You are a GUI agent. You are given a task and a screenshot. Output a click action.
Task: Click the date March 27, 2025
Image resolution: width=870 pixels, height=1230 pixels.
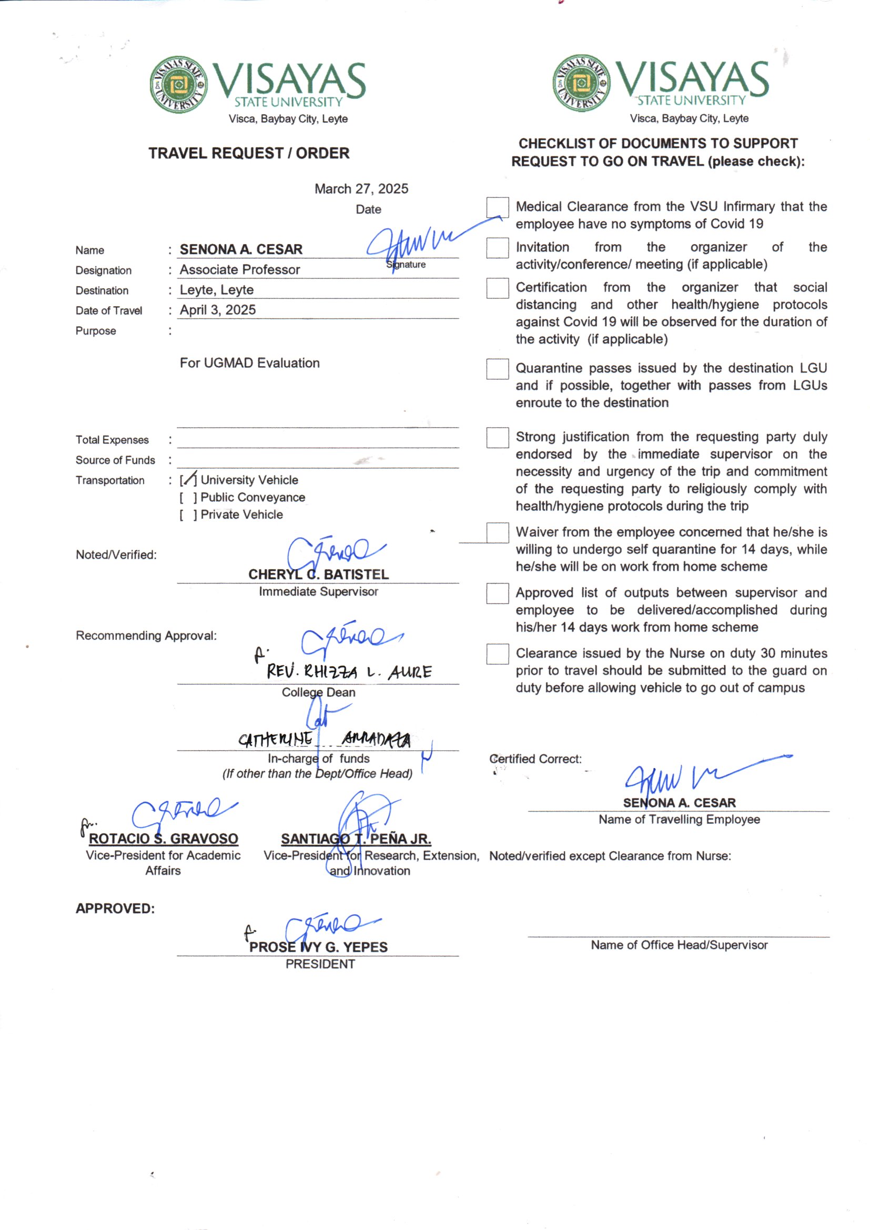[361, 188]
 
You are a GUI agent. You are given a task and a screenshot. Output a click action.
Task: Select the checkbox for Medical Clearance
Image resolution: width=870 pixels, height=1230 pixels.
[497, 207]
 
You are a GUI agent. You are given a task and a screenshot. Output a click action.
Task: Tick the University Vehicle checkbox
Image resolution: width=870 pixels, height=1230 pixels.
[188, 479]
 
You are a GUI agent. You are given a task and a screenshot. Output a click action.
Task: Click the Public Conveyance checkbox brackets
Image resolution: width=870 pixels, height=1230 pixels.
[188, 497]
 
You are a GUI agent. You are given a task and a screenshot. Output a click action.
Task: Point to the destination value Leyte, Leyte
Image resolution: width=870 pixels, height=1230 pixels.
[216, 290]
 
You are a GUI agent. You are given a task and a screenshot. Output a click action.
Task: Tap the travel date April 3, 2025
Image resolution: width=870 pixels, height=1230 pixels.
[218, 310]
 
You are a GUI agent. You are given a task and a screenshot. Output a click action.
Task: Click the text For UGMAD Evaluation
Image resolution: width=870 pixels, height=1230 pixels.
[250, 362]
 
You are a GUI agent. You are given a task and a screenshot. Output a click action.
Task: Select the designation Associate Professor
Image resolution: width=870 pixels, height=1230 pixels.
[239, 269]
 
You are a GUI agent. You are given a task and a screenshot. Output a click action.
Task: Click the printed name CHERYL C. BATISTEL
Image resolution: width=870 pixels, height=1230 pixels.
[318, 574]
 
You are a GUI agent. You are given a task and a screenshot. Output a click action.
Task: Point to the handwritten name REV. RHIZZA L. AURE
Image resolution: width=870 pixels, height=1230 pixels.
[349, 672]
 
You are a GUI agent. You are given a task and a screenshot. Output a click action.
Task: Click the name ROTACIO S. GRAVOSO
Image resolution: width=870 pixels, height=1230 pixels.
[164, 839]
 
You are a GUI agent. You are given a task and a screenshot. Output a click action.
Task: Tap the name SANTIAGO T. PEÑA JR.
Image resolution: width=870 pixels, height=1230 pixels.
[356, 839]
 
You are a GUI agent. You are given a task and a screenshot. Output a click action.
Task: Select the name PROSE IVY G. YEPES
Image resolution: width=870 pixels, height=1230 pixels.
[318, 947]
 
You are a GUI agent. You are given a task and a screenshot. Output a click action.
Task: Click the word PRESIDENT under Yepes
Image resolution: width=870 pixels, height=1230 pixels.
[320, 964]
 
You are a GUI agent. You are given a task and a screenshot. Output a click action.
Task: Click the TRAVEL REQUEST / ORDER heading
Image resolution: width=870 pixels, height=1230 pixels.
[249, 153]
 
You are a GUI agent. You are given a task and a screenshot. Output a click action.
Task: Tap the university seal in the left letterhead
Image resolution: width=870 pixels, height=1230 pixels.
[178, 85]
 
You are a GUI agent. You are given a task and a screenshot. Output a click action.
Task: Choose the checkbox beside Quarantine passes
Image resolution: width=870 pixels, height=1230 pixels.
[497, 369]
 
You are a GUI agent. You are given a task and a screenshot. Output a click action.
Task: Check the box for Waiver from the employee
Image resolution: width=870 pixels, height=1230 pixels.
[497, 533]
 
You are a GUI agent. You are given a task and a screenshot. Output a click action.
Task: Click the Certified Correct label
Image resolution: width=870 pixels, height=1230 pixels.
[535, 759]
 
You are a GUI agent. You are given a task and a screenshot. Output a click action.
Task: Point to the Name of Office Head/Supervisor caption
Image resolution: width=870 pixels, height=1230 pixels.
[679, 945]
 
